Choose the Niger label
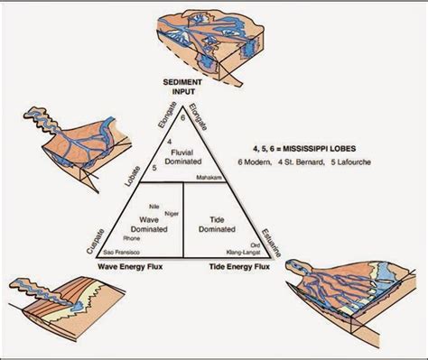[x=162, y=213]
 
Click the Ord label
[x=255, y=245]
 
